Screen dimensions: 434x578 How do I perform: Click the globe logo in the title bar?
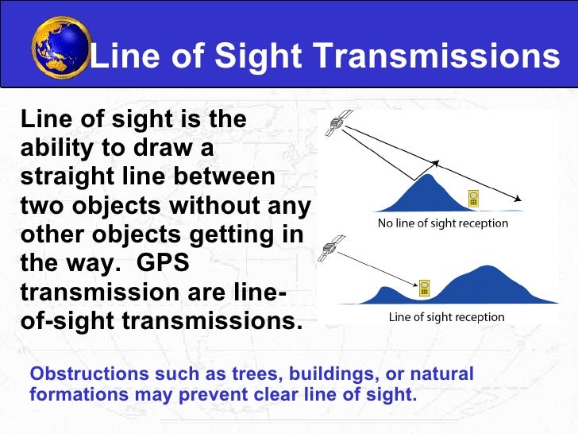click(60, 47)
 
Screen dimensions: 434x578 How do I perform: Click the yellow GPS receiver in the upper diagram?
click(474, 199)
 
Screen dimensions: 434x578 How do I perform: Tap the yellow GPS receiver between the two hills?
click(425, 287)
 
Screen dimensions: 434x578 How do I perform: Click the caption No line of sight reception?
click(442, 223)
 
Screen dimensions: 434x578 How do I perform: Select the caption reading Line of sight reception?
click(445, 317)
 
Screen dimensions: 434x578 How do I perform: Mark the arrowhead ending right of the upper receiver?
click(520, 201)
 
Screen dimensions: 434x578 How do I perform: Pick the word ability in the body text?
click(52, 148)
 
